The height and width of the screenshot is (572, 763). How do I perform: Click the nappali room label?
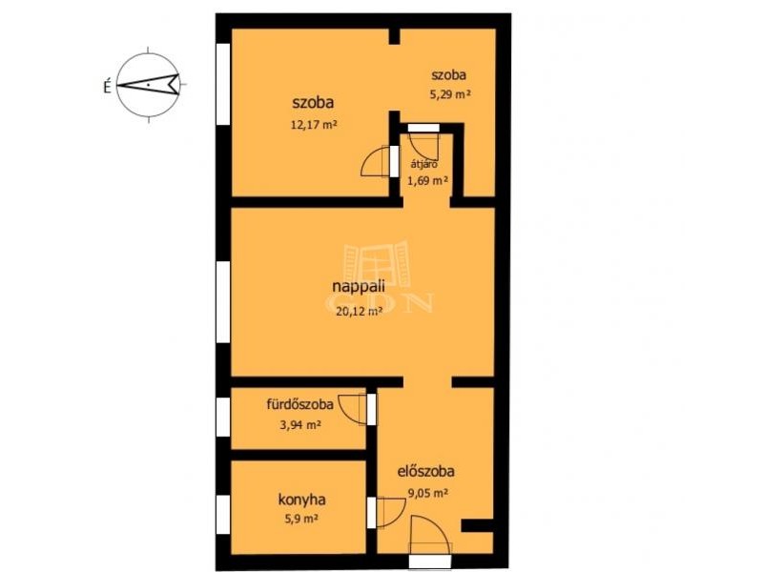tap(359, 287)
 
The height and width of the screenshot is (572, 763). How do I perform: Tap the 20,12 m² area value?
tap(359, 312)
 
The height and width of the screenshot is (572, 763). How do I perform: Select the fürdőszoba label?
tap(299, 403)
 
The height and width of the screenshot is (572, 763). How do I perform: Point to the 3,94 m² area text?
tap(299, 425)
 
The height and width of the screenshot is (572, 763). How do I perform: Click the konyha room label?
tap(301, 500)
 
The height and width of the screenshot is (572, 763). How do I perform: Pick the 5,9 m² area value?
tap(301, 519)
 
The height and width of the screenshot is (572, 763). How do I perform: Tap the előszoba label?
tap(426, 471)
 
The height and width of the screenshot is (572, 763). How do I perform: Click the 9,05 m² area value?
tap(427, 493)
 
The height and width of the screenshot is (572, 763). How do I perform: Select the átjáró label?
tap(423, 164)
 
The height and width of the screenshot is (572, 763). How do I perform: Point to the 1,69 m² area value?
tap(427, 181)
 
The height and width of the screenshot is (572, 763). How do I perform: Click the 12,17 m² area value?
tap(314, 125)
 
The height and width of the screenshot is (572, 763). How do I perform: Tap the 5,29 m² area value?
tap(449, 94)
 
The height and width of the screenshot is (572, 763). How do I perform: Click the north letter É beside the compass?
tap(108, 86)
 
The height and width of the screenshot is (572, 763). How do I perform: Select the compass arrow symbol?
tap(149, 84)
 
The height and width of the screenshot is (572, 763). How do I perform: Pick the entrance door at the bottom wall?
tap(430, 561)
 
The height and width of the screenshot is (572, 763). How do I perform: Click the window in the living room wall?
tap(223, 301)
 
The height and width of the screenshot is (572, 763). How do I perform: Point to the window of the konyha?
tap(223, 515)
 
